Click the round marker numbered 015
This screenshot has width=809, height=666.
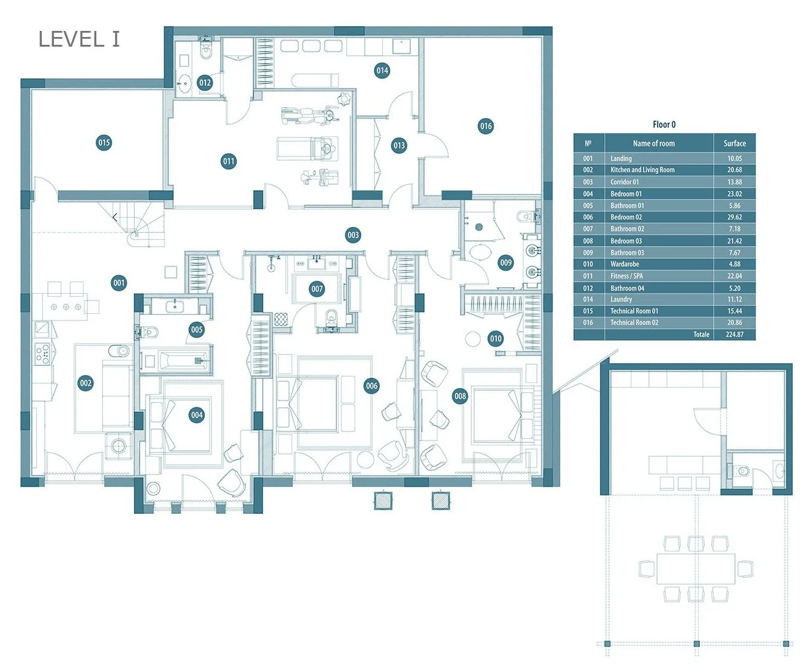104,143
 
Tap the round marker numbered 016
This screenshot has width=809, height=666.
485,126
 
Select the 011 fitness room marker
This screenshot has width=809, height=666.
228,161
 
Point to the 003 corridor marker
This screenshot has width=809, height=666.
353,235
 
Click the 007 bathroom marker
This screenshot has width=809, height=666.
317,288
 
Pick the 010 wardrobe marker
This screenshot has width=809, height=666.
496,338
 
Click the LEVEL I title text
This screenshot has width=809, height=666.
79,39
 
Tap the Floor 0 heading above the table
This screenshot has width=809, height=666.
664,124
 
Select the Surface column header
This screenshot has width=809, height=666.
734,144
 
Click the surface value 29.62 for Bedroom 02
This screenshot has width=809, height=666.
734,217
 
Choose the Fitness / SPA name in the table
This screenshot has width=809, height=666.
627,276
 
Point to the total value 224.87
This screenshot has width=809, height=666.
734,334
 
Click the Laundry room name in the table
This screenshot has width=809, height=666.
621,299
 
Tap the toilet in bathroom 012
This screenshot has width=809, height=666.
206,49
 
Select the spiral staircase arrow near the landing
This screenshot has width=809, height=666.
115,218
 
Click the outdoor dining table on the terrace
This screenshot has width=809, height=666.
696,568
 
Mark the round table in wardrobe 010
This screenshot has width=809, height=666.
473,339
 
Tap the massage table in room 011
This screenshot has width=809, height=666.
307,148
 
